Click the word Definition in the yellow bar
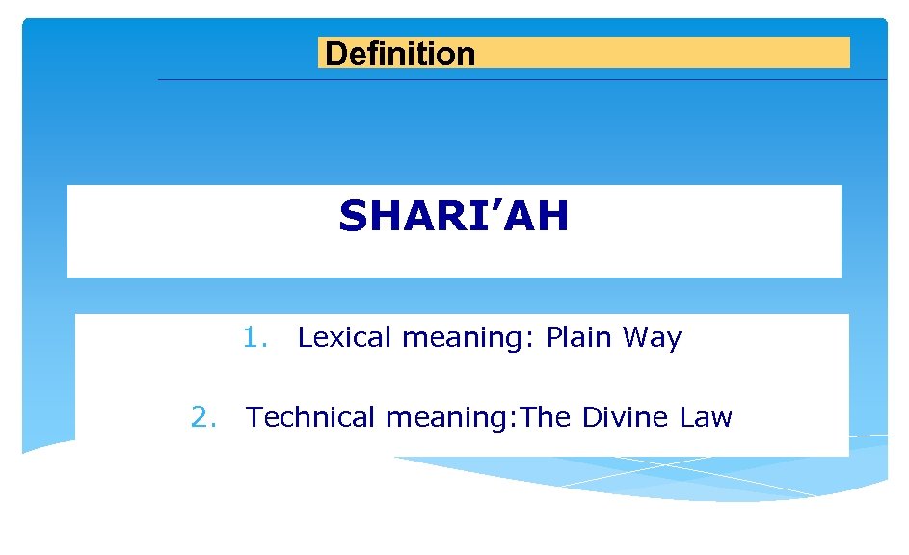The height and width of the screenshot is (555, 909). (x=400, y=54)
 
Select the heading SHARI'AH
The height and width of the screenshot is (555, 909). (x=453, y=217)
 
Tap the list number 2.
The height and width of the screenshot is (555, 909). (x=202, y=417)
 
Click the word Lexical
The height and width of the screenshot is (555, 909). (x=344, y=338)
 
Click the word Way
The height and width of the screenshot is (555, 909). (x=653, y=339)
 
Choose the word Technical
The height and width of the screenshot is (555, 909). (x=311, y=417)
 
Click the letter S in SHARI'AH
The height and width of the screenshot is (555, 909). (x=354, y=218)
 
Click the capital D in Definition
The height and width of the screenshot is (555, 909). (x=335, y=54)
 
